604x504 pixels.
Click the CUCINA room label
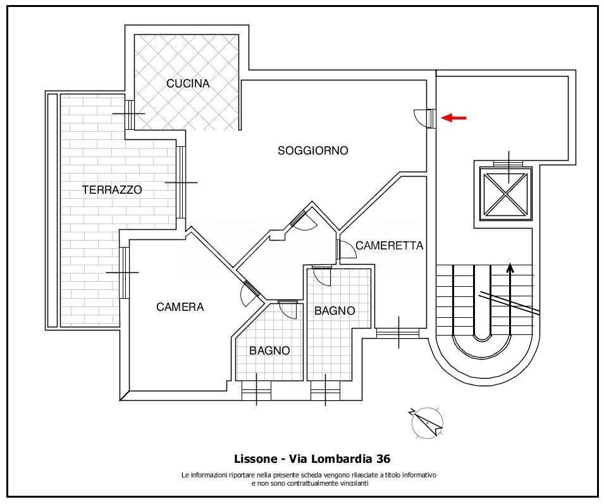coord(188,84)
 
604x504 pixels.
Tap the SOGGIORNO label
coord(312,151)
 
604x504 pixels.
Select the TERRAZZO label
coord(112,189)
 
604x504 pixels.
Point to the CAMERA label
coord(180,307)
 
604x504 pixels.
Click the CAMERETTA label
coord(389,246)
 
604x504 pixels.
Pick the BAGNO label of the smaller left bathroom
coord(269,350)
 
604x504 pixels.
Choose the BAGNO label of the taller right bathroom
coord(335,311)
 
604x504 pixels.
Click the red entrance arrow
coord(453,118)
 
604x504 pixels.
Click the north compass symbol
coord(427,422)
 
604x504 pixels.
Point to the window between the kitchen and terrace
coord(130,114)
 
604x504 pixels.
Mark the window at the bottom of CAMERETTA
coord(398,333)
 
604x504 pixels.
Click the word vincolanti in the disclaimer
coord(353,484)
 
